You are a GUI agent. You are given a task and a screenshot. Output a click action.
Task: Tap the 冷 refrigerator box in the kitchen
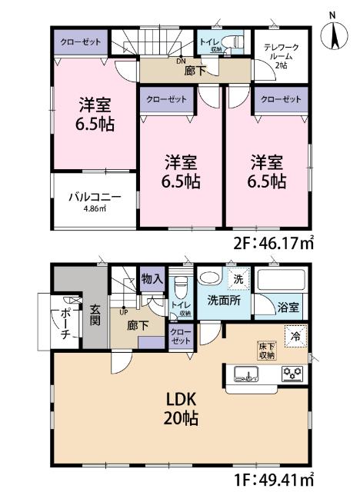tap(294, 336)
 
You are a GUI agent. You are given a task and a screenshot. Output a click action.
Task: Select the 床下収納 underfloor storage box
tap(268, 350)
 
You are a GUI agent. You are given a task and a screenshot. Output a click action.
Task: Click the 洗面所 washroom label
tap(222, 301)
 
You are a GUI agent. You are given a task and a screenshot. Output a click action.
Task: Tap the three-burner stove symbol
tap(292, 374)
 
